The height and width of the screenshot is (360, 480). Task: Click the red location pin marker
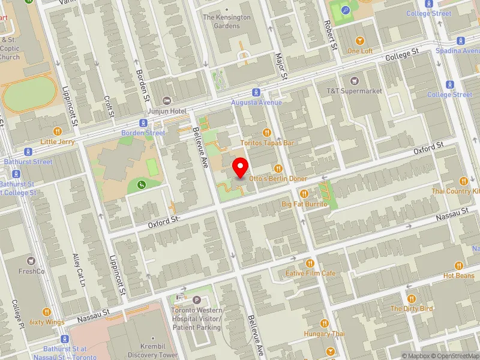[x=241, y=167]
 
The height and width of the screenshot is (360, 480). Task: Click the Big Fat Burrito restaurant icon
[x=304, y=194]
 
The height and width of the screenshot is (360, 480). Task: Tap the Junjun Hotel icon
[x=167, y=100]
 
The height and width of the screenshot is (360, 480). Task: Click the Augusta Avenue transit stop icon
[x=256, y=92]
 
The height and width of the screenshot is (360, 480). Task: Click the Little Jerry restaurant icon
[x=58, y=131]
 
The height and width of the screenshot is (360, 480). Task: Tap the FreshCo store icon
[x=31, y=261]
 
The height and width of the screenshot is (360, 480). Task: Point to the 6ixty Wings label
[x=46, y=322]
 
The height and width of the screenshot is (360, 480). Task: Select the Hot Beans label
[x=459, y=275]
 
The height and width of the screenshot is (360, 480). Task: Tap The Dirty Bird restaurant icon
[x=411, y=298]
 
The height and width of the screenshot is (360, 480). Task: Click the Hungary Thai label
[x=324, y=334]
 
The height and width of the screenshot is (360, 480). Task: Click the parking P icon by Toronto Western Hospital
[x=197, y=300]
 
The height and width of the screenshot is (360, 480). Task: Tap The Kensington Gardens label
[x=226, y=22]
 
